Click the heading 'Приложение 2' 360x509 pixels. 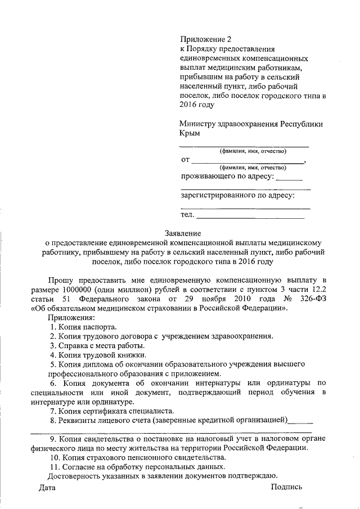[x=205, y=39]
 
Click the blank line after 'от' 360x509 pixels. [x=247, y=162]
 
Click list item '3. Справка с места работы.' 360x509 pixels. [x=97, y=345]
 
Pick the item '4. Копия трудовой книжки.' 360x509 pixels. [x=98, y=355]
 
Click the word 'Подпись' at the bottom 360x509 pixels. [x=286, y=487]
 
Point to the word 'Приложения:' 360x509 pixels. [x=71, y=317]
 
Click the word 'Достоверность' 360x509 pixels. [x=75, y=476]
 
